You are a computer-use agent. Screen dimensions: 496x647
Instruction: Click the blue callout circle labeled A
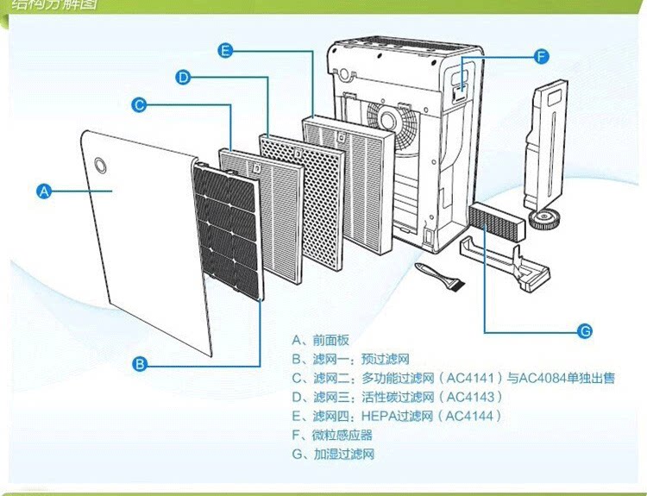(x=44, y=192)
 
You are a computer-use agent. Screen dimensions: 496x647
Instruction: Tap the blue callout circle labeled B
(x=140, y=364)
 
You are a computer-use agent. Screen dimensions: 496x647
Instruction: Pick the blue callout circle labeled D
(x=183, y=78)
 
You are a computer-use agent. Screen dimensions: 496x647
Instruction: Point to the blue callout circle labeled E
(x=226, y=51)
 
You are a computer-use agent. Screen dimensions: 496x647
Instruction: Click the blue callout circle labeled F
(x=541, y=57)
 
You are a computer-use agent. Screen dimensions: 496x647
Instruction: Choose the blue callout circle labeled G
(x=583, y=330)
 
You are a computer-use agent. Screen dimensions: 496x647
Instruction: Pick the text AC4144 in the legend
(x=469, y=416)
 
